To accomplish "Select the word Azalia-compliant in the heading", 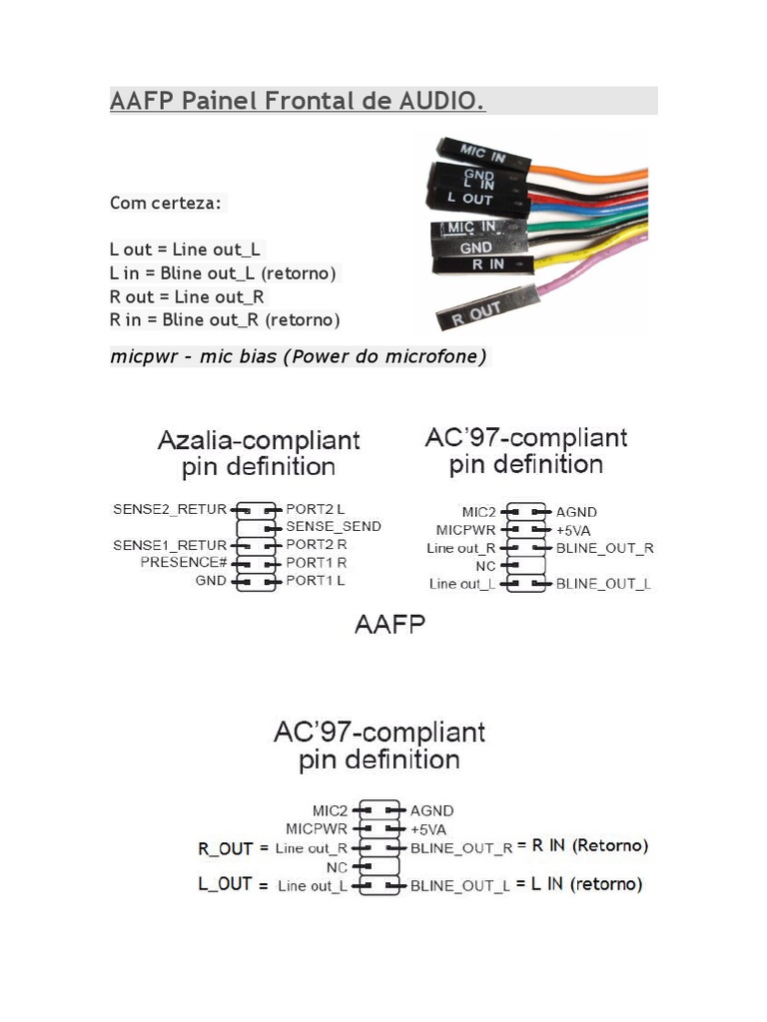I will click(259, 440).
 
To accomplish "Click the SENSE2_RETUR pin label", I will click(170, 509).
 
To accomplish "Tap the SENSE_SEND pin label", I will click(334, 526).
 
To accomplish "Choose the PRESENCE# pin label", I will click(184, 563).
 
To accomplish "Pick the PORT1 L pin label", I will click(316, 580).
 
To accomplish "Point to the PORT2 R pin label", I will click(317, 545).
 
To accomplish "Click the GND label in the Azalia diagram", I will click(211, 580).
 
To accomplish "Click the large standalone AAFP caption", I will click(389, 625).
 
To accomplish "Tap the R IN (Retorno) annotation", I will click(589, 845).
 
